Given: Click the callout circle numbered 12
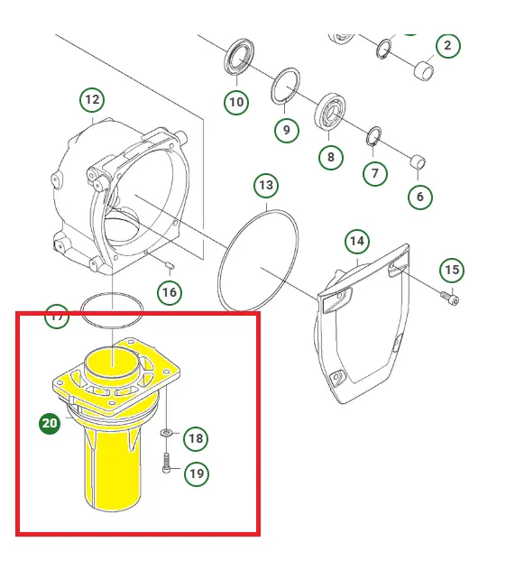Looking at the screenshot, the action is (x=92, y=100).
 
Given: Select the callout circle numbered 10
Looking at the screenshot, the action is (x=236, y=102).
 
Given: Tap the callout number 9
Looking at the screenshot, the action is (x=287, y=130).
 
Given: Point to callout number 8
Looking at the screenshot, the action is (x=331, y=157).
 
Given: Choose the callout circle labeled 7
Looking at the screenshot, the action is (x=375, y=173).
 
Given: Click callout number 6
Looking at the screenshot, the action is (x=420, y=197).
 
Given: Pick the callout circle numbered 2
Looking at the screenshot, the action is (x=448, y=45).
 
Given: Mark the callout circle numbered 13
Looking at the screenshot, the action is (x=266, y=185).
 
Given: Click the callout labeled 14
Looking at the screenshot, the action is (x=357, y=242).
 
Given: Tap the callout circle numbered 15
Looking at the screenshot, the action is (x=452, y=270).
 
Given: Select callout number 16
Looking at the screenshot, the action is (x=170, y=292).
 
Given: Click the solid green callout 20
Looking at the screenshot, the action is (x=50, y=423).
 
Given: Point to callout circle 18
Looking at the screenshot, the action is (x=196, y=438).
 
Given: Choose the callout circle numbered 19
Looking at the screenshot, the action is (x=197, y=473).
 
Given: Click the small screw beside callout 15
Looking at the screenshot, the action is (x=449, y=298).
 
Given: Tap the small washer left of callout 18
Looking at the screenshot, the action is (x=166, y=432).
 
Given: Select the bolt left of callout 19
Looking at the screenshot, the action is (x=166, y=463).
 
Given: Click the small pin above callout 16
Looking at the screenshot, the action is (x=170, y=265).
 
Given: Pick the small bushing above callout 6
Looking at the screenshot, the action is (x=419, y=161).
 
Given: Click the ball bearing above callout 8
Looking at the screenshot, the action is (x=330, y=112).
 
